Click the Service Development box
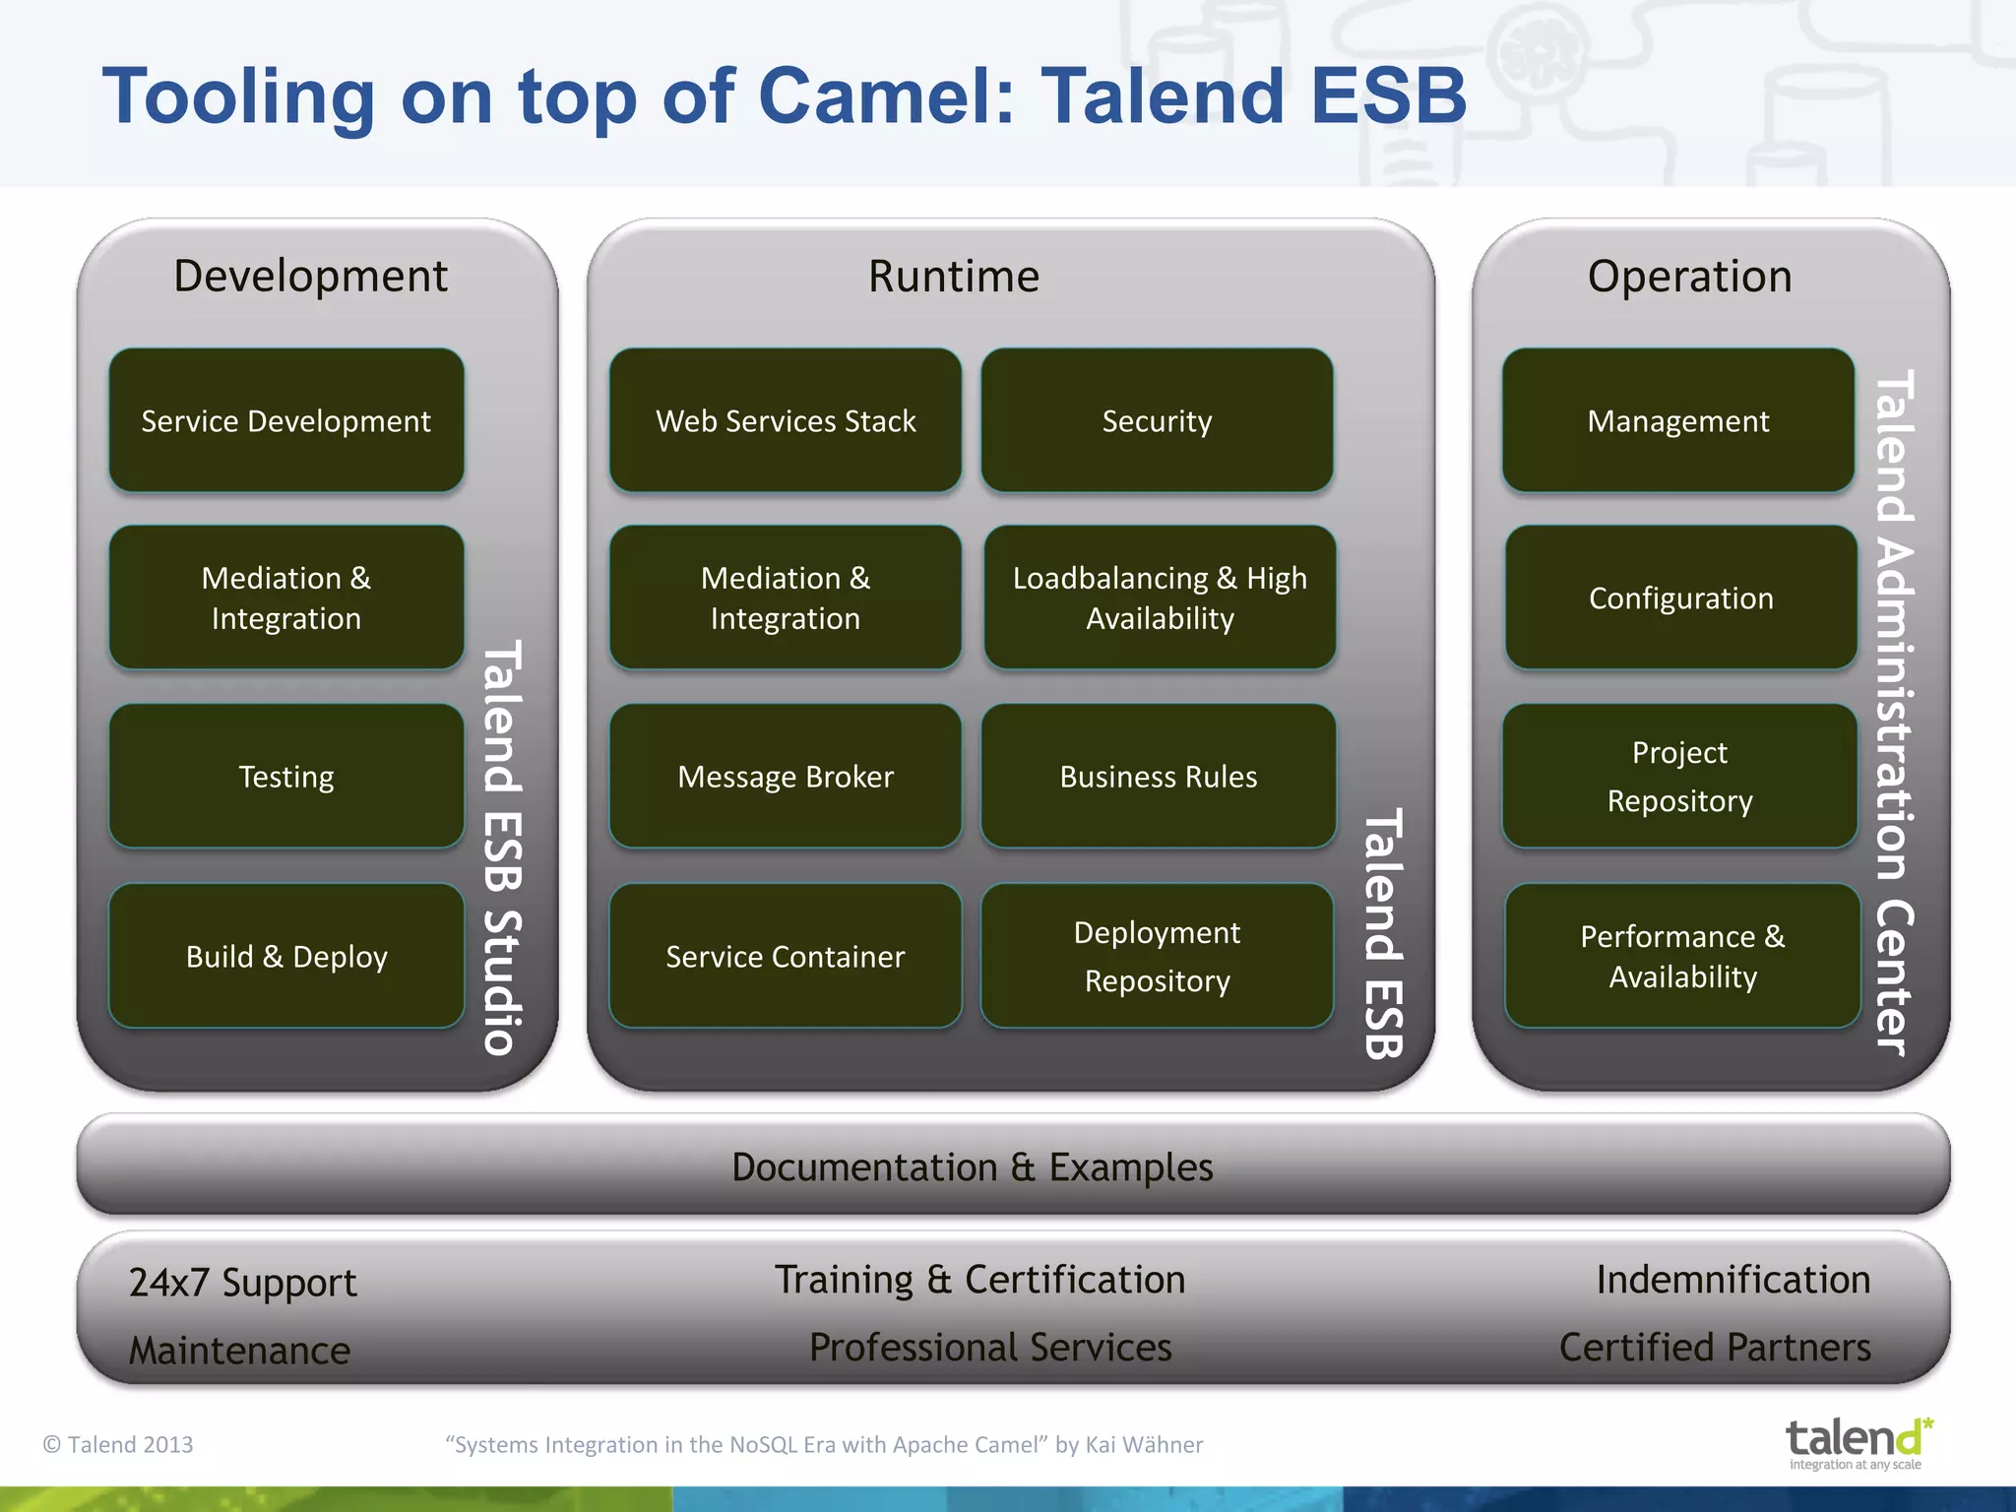285,420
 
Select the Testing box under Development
285,777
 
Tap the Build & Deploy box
285,956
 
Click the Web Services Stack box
785,420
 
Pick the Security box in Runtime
1157,420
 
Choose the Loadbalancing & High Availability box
1160,598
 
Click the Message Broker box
785,777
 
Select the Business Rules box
1158,777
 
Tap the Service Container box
785,956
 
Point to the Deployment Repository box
1157,956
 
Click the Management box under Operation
1677,420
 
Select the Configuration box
1680,598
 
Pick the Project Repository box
1679,777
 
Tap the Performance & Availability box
1681,956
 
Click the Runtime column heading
953,277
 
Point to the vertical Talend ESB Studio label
502,848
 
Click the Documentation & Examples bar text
972,1167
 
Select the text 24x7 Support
242,1283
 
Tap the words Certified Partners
1714,1348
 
